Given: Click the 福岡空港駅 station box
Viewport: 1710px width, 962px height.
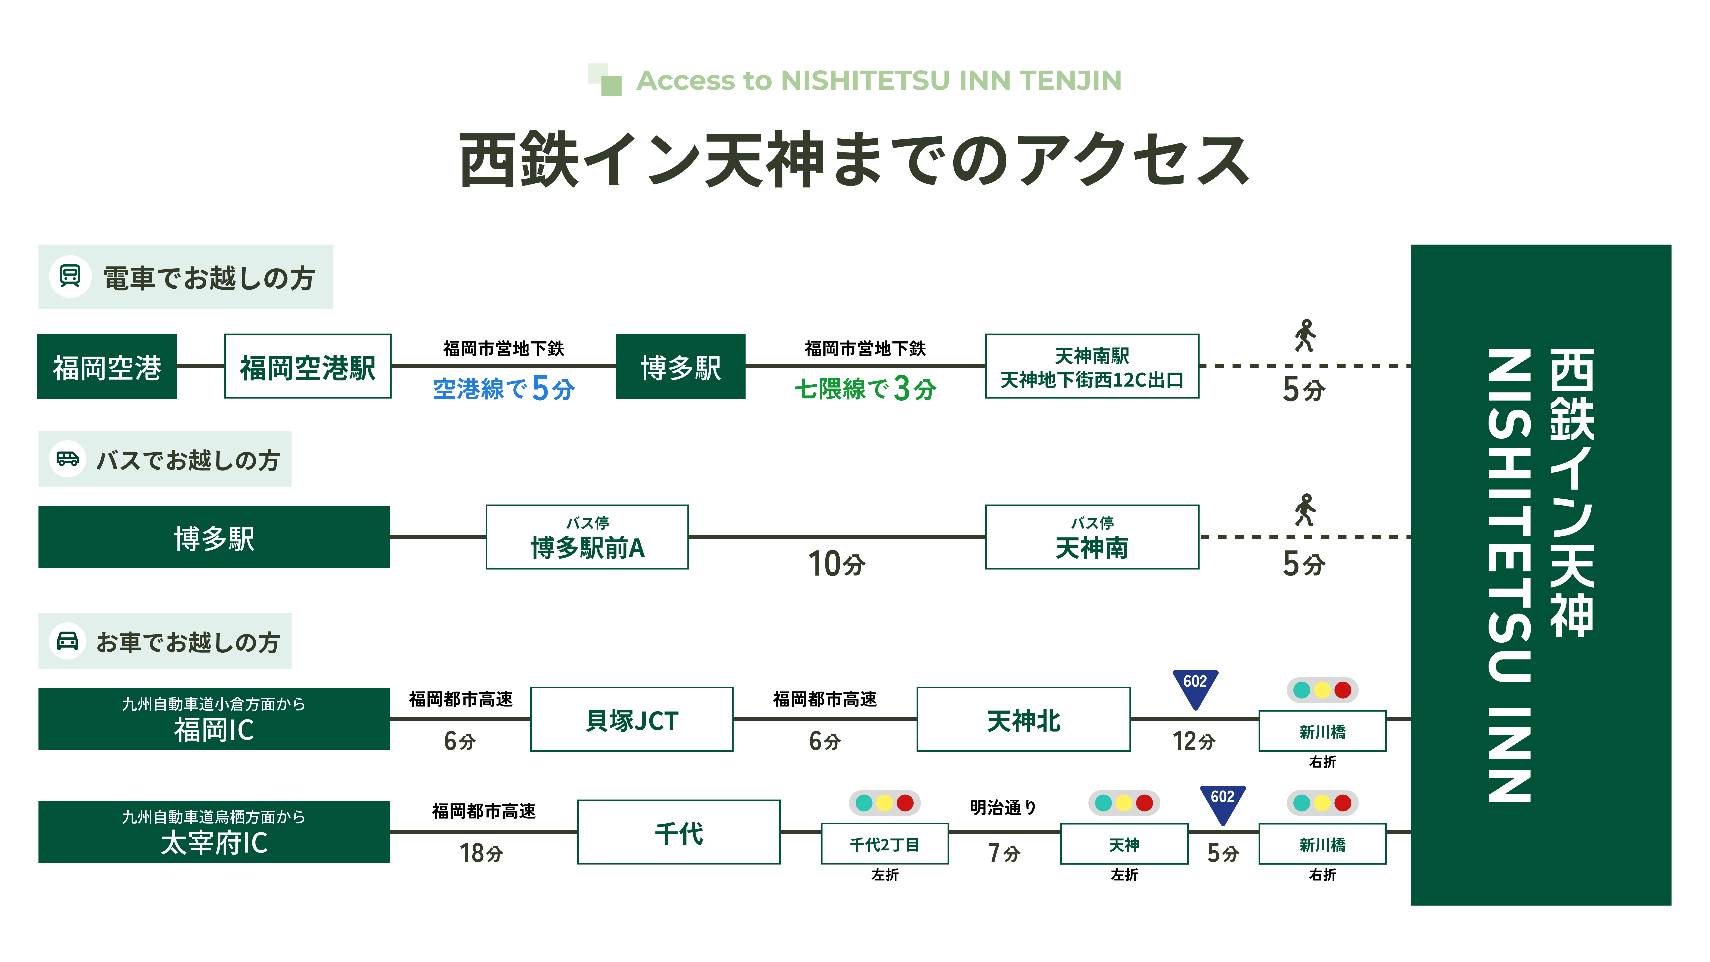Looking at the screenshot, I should click(307, 366).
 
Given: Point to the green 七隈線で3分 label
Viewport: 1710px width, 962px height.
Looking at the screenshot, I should click(865, 388).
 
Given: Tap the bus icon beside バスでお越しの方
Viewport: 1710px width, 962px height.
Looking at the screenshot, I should click(68, 459).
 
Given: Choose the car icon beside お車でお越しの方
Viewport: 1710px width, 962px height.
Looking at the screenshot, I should click(68, 641).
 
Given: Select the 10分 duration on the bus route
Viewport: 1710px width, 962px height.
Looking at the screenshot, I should click(836, 564).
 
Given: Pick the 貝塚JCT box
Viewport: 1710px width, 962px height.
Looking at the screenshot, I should click(631, 720).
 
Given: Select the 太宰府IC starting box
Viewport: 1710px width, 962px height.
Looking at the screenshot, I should click(214, 832).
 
